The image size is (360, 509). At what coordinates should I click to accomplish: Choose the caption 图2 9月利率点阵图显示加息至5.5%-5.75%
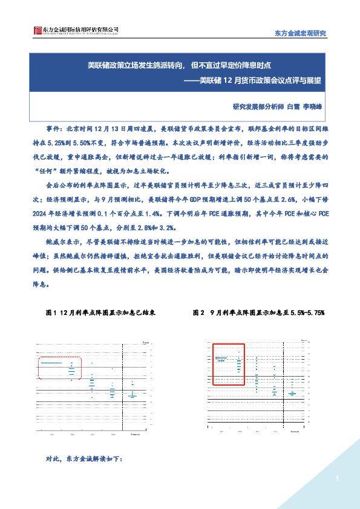[x=259, y=313]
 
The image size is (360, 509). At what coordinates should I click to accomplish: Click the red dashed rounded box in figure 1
[x=60, y=368]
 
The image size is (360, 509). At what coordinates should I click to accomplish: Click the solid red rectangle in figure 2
[x=227, y=363]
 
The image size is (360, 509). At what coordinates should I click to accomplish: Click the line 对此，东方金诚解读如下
[x=85, y=459]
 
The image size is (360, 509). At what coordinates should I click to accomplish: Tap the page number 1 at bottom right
[x=335, y=479]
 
